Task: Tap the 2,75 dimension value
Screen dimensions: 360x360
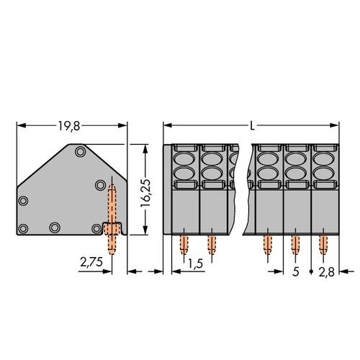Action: point(90,264)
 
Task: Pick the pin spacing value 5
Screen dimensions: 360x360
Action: point(297,273)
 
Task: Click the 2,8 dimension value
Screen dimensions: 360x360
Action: point(328,273)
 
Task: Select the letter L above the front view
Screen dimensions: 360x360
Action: point(251,126)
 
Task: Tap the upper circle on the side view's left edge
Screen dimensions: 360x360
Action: point(23,202)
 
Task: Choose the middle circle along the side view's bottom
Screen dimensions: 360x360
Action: point(54,228)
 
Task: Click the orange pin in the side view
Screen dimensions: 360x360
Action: point(111,216)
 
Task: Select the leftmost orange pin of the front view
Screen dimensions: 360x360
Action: point(184,246)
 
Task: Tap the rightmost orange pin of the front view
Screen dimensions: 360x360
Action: point(323,246)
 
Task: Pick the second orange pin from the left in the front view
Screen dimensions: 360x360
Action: point(212,246)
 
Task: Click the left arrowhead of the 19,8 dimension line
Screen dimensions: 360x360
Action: point(19,126)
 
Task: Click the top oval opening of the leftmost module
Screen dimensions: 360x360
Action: point(184,156)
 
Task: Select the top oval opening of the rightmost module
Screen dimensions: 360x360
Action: point(323,156)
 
